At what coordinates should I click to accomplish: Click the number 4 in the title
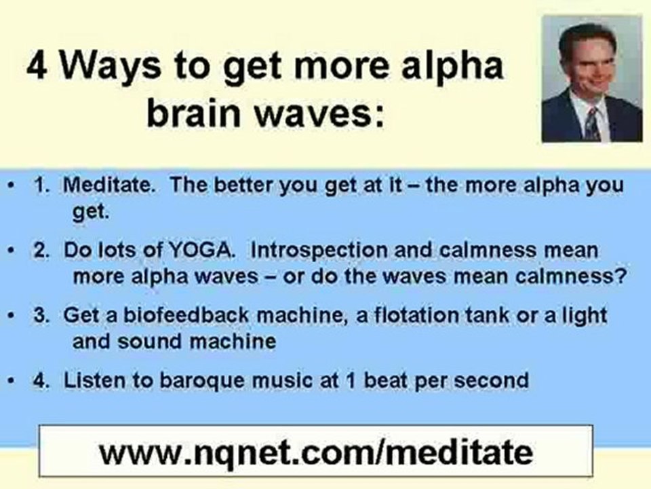(x=37, y=66)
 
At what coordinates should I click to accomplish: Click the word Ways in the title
(x=110, y=68)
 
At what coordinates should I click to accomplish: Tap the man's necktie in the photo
(x=591, y=123)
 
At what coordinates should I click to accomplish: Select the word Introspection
(x=319, y=251)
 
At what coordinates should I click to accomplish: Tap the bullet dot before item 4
(x=12, y=380)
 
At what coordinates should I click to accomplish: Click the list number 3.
(x=41, y=315)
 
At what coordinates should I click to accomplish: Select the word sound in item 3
(x=150, y=342)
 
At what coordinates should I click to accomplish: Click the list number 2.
(x=41, y=251)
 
